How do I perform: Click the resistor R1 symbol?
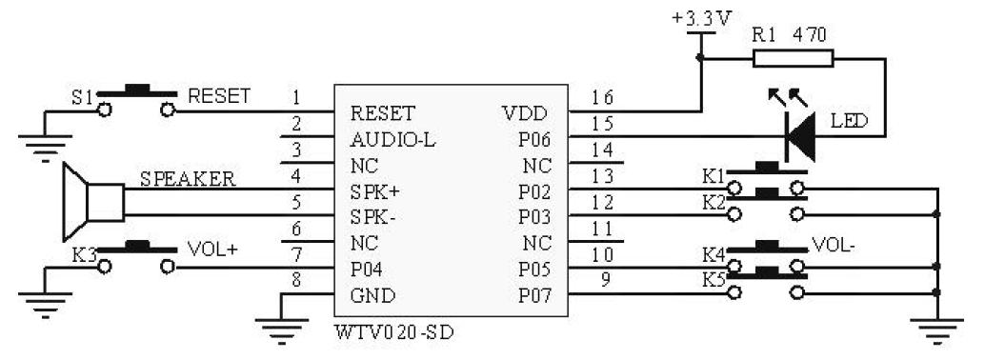[793, 59]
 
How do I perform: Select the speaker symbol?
[91, 201]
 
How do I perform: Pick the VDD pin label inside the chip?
[523, 112]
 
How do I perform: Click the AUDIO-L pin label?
[392, 139]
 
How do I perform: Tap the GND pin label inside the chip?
[372, 295]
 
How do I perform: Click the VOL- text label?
[836, 246]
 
